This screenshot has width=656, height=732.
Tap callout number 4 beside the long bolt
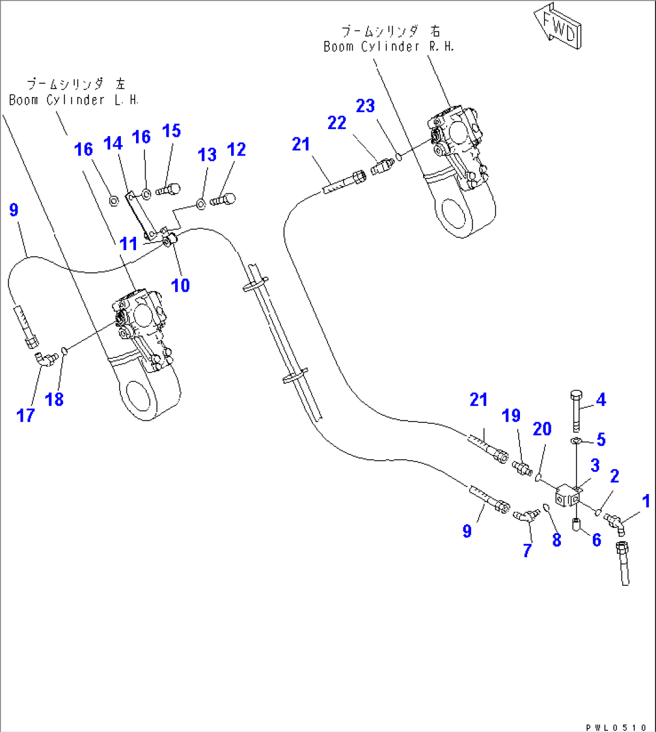pos(601,399)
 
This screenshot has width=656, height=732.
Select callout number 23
pos(365,106)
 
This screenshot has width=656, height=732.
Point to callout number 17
pos(26,415)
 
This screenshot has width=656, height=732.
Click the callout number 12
pos(237,149)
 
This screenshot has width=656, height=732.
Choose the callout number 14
pos(113,143)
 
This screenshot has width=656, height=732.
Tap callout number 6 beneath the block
pos(596,539)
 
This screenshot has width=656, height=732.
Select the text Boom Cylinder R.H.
pos(389,47)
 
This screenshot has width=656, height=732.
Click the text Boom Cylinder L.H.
pos(73,100)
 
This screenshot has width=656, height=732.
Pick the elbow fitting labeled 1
pos(617,521)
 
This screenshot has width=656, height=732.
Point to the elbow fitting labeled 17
pos(44,359)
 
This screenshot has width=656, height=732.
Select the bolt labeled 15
pos(169,189)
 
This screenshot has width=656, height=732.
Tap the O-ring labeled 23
pos(398,158)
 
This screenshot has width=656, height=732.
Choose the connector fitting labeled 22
pos(382,167)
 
